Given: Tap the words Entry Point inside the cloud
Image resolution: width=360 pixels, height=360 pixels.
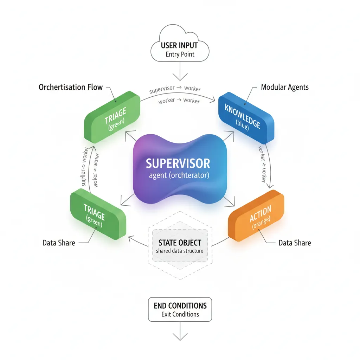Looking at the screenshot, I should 180,54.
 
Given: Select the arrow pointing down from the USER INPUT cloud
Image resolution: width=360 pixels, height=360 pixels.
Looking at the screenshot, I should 180,72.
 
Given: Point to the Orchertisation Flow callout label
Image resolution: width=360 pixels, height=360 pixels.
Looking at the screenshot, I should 71,87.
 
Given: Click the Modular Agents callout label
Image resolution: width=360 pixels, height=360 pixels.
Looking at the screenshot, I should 285,87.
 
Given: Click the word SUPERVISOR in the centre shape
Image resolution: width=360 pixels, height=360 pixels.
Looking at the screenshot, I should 178,163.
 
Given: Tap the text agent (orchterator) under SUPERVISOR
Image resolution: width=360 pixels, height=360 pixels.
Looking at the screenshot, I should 179,175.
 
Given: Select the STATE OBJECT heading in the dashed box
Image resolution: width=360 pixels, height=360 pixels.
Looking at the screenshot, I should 180,243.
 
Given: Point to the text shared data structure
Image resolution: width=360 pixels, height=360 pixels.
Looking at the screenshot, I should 180,251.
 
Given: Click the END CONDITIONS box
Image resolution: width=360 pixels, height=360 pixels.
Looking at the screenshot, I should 180,309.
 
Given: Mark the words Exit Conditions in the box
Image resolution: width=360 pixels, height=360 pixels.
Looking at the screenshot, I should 180,314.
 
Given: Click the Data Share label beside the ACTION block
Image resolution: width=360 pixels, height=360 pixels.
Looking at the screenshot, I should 295,243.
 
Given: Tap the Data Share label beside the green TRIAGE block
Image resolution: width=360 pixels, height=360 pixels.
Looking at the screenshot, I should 59,243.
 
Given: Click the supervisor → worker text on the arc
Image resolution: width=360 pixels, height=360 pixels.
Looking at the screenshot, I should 175,89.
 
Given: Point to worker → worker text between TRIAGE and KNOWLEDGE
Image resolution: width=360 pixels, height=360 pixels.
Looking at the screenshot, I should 179,101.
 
